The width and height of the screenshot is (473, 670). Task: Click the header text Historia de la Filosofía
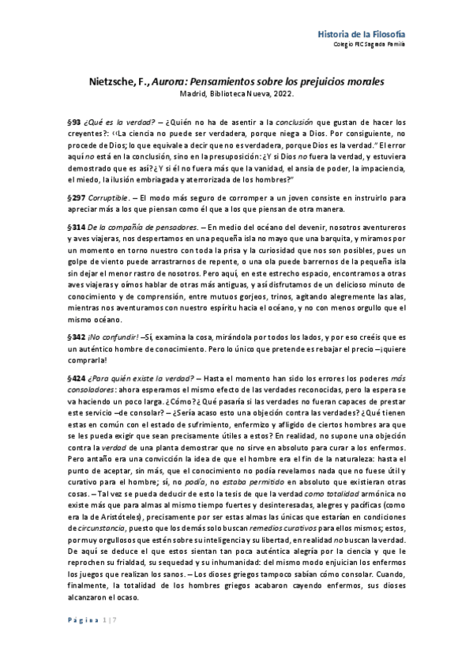pos(362,33)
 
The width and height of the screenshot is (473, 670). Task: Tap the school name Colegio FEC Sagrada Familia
pos(370,44)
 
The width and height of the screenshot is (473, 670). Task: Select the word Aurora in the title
pos(183,82)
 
